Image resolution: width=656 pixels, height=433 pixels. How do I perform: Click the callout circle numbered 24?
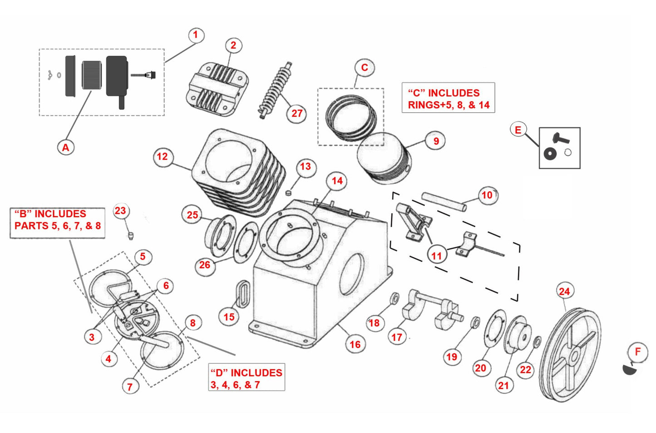(564, 291)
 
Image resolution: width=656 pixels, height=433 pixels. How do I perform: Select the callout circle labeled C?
(364, 68)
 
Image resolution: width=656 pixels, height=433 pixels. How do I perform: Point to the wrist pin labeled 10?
(444, 202)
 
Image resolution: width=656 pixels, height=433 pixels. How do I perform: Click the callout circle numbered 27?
(296, 113)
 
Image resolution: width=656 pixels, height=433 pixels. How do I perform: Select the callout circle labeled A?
(66, 147)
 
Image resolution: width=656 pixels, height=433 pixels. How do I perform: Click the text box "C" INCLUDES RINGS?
(448, 98)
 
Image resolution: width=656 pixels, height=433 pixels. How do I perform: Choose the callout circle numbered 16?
(355, 344)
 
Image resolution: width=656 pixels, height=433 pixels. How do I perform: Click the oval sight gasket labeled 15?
(243, 294)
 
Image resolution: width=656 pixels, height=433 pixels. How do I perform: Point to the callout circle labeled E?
(518, 129)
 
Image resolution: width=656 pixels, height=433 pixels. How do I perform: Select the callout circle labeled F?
(637, 352)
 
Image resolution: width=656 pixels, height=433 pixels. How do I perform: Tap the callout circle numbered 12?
(162, 157)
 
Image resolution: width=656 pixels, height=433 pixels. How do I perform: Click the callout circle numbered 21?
(503, 385)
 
